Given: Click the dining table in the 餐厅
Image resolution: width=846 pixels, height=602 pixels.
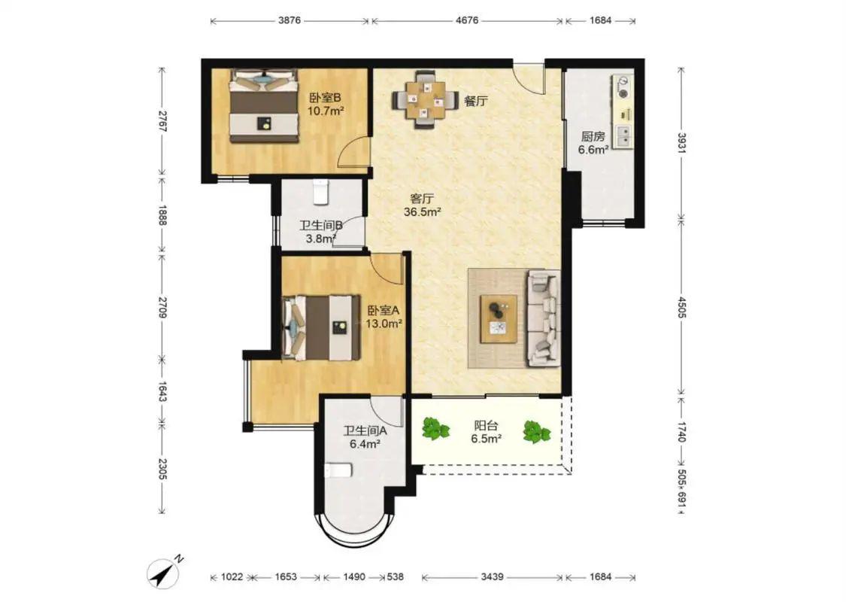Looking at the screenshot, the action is [426, 99].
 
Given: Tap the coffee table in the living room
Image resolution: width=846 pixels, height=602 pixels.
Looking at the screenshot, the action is [499, 318].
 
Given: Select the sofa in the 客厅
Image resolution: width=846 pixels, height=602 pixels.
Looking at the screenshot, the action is [544, 318].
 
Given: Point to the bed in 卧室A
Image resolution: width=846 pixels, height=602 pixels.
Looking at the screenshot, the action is [322, 327].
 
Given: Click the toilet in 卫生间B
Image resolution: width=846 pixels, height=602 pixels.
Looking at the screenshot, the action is [320, 192].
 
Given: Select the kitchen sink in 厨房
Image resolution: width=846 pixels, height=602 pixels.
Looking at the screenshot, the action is [623, 135].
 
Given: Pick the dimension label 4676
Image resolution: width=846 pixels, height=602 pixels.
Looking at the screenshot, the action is [467, 20].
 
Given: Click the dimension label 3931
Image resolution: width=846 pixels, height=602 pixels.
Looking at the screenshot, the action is [681, 144].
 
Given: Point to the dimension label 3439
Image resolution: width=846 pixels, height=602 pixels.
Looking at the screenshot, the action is [492, 576].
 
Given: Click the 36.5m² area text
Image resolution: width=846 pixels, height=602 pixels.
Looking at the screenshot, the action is [423, 212].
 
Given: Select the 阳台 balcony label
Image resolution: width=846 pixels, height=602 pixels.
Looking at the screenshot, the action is [486, 426].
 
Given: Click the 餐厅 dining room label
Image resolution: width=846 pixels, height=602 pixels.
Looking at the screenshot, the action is [476, 101].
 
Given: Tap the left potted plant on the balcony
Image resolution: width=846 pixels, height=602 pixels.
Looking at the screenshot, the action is [435, 428].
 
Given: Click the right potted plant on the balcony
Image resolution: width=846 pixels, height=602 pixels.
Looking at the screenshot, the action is [536, 432].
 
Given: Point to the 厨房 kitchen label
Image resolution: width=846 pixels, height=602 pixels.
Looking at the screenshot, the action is [593, 137].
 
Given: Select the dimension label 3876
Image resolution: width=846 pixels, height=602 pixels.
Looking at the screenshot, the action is [290, 20].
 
